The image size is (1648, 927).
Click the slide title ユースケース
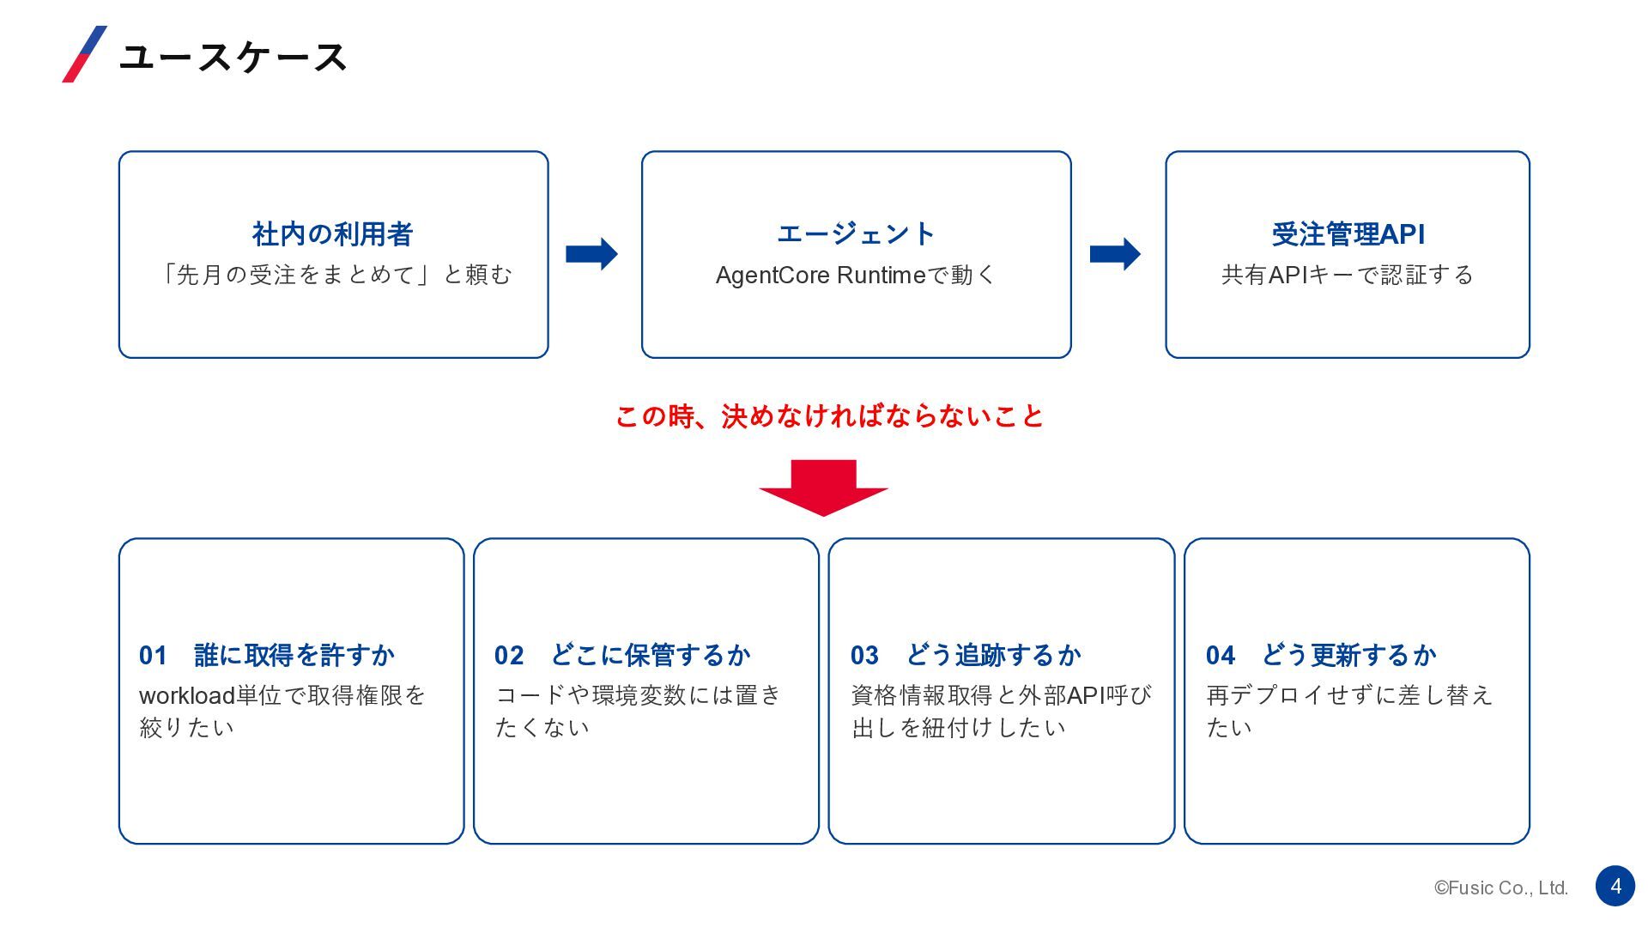[233, 58]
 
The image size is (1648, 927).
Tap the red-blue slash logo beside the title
[85, 54]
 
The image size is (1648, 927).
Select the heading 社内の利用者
[333, 233]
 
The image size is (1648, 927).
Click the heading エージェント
[856, 233]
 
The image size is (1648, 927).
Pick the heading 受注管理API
[1348, 233]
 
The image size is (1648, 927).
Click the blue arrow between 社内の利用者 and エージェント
[592, 254]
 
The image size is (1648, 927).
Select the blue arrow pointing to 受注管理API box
[1115, 254]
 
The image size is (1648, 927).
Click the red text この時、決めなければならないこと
[829, 416]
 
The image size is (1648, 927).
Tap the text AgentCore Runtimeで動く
[856, 275]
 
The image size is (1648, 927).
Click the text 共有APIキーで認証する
[1348, 275]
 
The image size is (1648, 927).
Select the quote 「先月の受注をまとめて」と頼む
[333, 275]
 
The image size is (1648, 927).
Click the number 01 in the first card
[153, 656]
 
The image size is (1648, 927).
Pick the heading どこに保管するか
[650, 655]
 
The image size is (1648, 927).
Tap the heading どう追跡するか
[993, 655]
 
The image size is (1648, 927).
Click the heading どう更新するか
[1348, 655]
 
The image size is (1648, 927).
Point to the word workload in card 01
[187, 695]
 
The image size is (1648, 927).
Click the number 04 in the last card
[1220, 656]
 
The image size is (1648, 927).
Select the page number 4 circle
[1615, 886]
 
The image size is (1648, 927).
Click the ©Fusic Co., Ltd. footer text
[1501, 888]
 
